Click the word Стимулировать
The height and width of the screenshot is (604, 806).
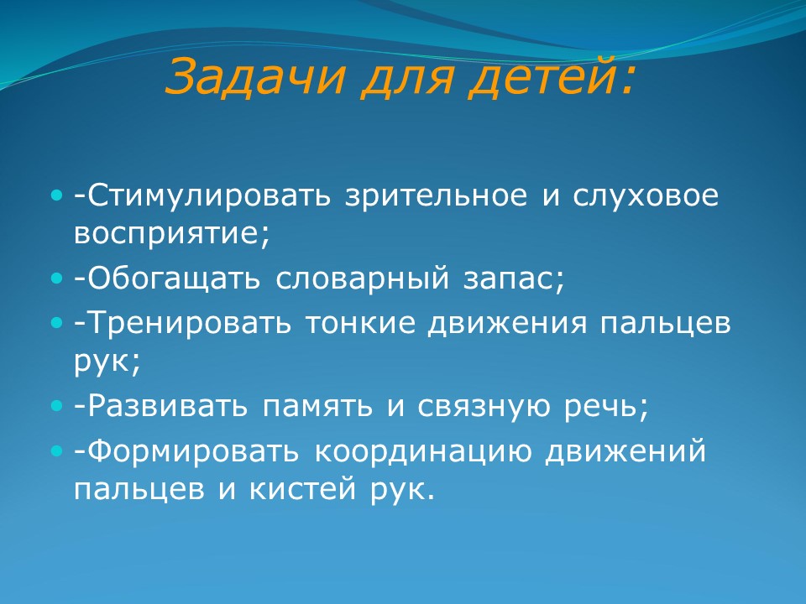(209, 195)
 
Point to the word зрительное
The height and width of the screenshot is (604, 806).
(437, 195)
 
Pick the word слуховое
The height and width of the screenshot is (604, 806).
(646, 195)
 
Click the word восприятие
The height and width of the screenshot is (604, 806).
(168, 234)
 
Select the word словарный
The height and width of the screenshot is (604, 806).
(363, 279)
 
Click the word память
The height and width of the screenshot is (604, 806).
(317, 407)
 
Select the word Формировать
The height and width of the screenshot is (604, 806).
(194, 452)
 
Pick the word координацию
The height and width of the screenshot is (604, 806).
(423, 452)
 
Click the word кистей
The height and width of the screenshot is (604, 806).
(302, 489)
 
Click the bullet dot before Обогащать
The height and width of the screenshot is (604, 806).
(56, 279)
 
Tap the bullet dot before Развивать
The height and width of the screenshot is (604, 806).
(56, 407)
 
